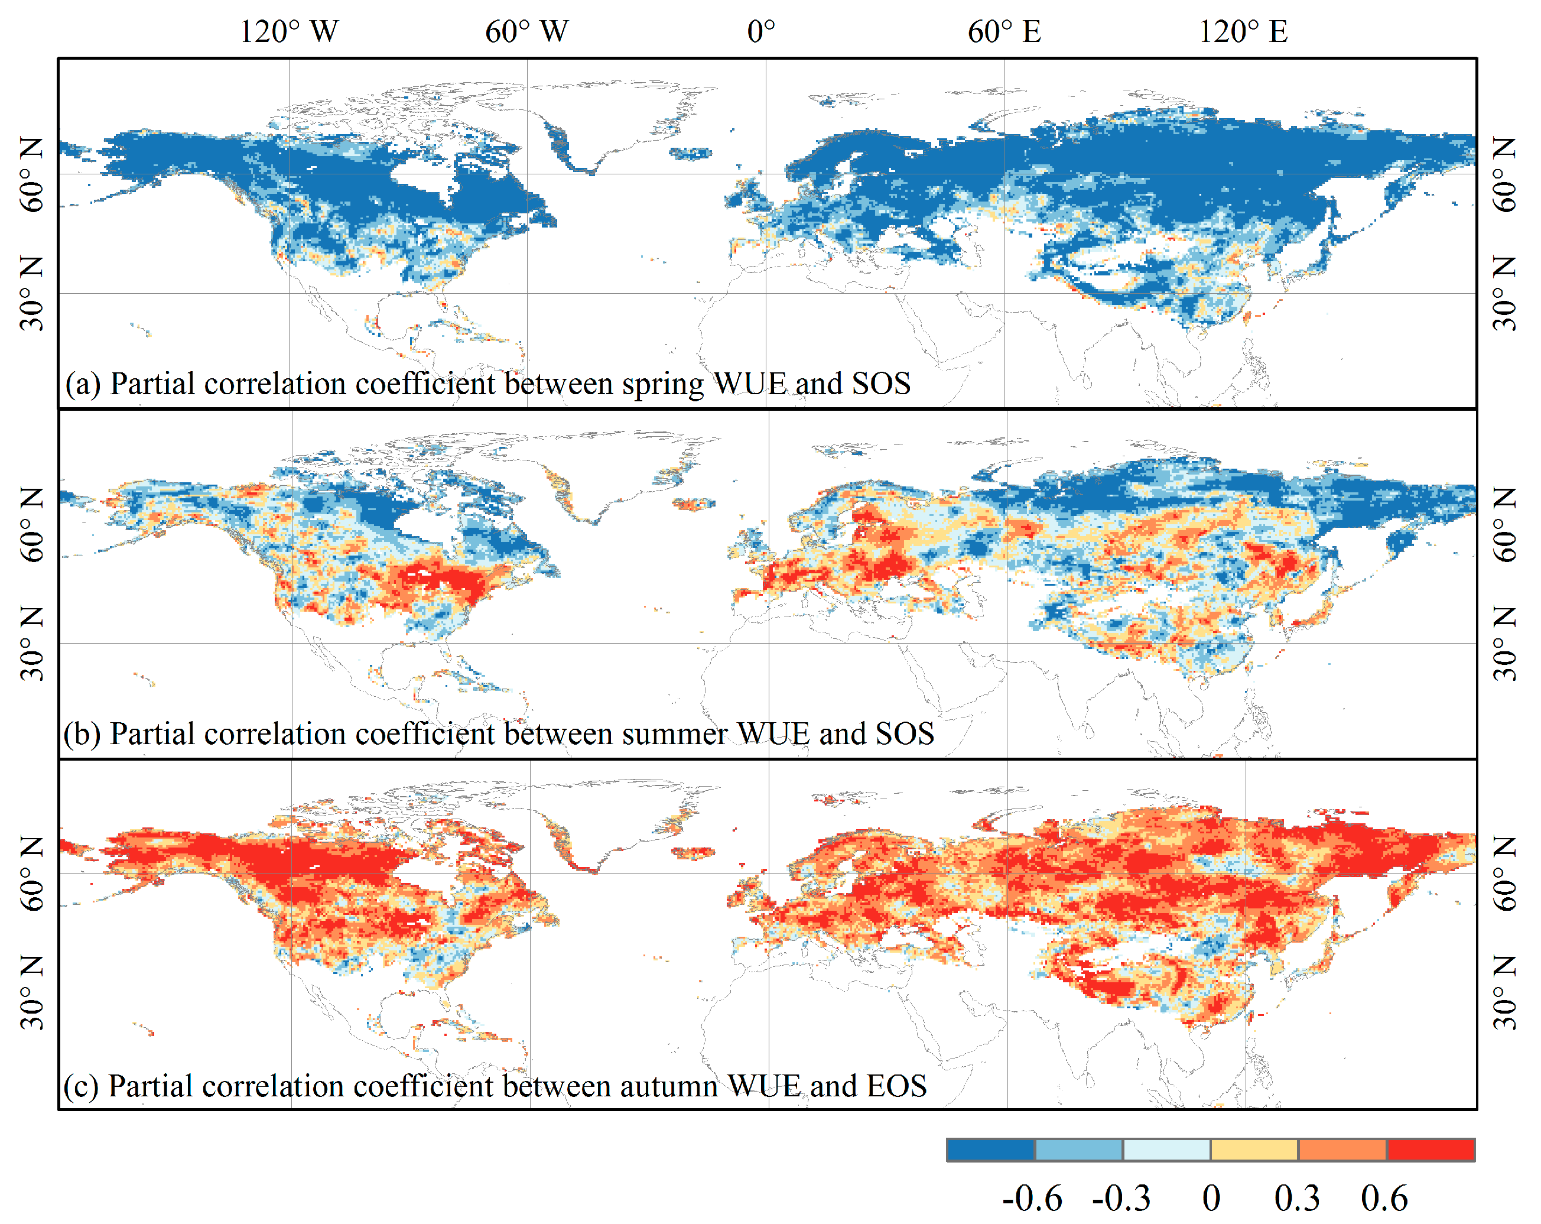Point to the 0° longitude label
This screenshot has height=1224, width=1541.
point(760,31)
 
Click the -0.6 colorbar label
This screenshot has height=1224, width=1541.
point(1032,1198)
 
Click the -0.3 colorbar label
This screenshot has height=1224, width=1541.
point(1121,1198)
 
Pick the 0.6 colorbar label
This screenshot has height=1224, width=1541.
point(1383,1198)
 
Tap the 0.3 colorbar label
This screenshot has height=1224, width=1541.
point(1296,1198)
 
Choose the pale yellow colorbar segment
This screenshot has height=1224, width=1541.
point(1254,1150)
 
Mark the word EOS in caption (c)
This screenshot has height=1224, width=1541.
point(896,1086)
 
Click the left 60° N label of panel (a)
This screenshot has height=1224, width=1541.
point(31,175)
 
